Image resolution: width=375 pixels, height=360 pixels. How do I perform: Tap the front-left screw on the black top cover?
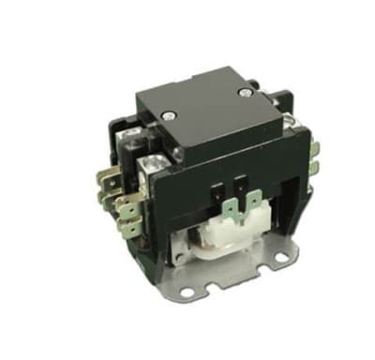[x=172, y=118]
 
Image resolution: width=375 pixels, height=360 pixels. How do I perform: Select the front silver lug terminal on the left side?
[x=146, y=168]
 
